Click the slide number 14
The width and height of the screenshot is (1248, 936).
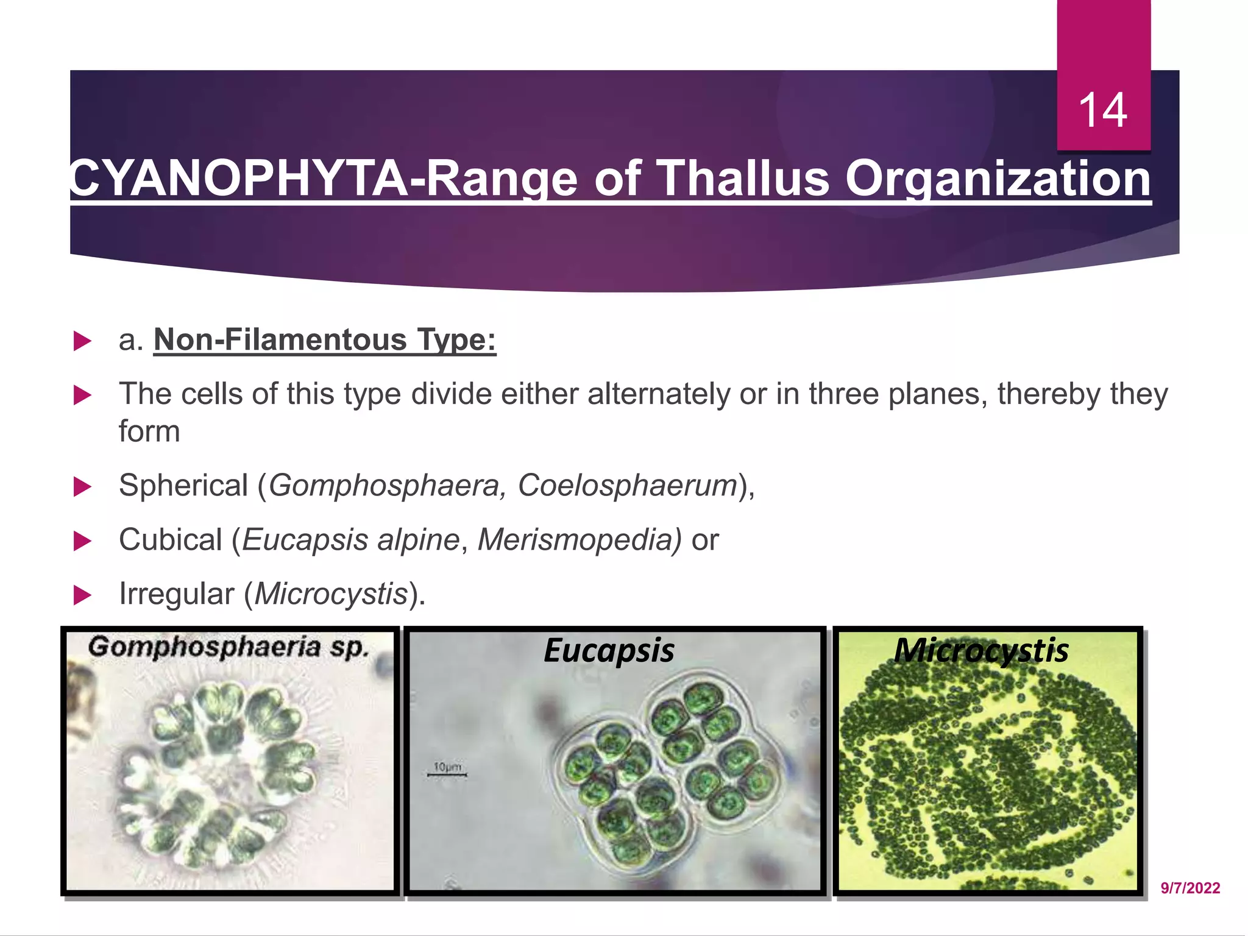coord(1102,110)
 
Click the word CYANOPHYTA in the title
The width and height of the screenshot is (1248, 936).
coord(238,179)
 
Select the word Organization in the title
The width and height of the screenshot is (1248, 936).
coord(998,179)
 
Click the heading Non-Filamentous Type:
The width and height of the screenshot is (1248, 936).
coord(325,339)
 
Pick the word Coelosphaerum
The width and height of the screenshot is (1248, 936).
coord(628,486)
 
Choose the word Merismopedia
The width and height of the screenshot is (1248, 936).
coord(579,540)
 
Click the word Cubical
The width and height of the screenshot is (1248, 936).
coord(171,540)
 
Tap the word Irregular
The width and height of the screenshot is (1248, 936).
coord(176,594)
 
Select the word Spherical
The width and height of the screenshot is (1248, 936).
coord(183,486)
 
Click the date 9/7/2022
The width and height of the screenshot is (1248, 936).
coord(1190,888)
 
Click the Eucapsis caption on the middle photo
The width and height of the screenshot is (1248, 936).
coord(609,650)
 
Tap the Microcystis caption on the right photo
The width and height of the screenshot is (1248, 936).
coord(981,650)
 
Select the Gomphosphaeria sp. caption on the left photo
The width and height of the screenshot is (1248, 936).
coord(229,647)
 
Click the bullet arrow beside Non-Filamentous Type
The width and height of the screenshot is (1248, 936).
coord(82,341)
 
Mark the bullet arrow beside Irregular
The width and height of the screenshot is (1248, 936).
coord(82,595)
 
